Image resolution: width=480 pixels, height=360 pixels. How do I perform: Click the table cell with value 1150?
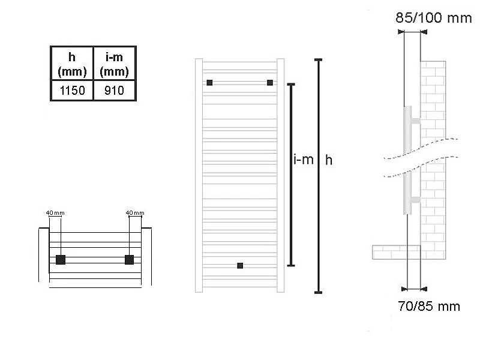(72, 91)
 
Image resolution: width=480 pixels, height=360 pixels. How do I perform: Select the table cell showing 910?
(115, 91)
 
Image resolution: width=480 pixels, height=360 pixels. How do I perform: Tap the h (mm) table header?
(72, 64)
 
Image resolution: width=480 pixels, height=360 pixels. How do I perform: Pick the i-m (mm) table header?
(115, 64)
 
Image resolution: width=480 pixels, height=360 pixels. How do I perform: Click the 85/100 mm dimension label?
(433, 18)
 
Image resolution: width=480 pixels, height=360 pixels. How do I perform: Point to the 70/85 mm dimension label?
(429, 306)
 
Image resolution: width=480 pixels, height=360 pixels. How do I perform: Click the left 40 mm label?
(55, 213)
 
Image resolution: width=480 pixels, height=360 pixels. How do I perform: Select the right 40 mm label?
(135, 213)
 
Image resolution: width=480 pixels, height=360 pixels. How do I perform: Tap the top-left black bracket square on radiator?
(209, 83)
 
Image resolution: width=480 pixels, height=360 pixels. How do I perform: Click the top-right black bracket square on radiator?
(270, 83)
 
